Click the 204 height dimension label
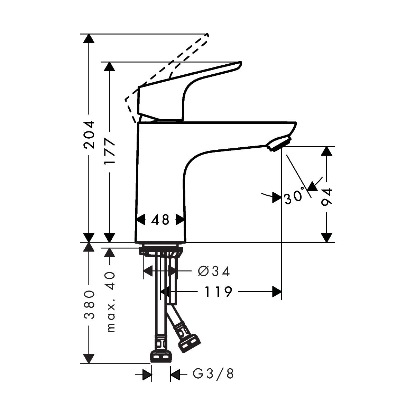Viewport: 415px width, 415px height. click(89, 135)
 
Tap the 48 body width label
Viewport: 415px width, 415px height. click(160, 220)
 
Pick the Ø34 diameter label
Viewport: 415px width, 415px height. click(214, 271)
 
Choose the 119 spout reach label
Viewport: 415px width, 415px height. click(218, 292)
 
